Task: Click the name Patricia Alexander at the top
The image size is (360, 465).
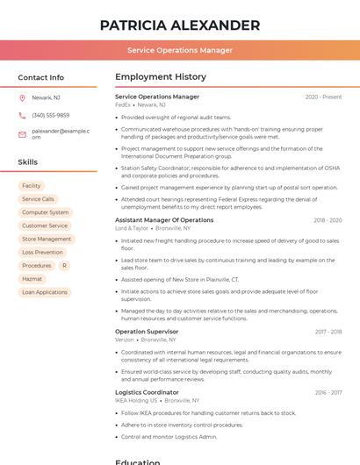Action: (180, 25)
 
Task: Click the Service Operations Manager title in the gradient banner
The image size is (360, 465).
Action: (180, 50)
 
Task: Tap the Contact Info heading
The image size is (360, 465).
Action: (40, 77)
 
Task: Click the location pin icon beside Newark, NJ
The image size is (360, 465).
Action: (22, 97)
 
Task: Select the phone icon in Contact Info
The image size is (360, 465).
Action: (22, 115)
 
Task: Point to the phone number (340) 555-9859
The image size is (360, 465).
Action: (50, 115)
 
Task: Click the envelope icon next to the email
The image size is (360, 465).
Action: (22, 133)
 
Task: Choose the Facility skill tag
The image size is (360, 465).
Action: (32, 186)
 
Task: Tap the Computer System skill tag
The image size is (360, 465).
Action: (45, 212)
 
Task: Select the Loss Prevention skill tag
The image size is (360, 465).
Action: (42, 252)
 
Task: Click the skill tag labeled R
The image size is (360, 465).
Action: (63, 265)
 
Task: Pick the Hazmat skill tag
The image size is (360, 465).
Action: (32, 278)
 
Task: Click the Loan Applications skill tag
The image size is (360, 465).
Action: (45, 292)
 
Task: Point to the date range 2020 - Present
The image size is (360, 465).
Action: (323, 97)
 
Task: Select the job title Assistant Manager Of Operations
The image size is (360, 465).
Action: (163, 220)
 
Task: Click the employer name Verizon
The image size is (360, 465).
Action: (124, 339)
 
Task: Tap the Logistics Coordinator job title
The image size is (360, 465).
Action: (147, 392)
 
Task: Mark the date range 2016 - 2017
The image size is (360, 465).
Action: (328, 392)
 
